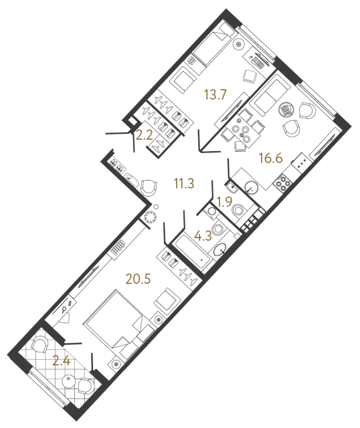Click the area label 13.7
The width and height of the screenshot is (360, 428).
(x=215, y=95)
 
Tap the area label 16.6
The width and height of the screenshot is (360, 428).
(x=271, y=158)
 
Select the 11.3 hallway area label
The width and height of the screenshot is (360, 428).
(x=184, y=184)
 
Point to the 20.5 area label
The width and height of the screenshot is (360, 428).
(x=139, y=279)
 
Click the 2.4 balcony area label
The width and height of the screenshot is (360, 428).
(x=61, y=361)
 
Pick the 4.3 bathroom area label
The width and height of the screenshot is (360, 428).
(x=203, y=236)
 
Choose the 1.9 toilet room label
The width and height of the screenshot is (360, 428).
(x=224, y=202)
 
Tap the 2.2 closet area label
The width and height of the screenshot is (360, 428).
(x=144, y=135)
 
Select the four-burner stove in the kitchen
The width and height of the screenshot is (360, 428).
(x=282, y=183)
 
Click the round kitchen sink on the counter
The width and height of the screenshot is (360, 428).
(x=252, y=187)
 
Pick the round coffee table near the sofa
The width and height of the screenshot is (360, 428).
(x=286, y=110)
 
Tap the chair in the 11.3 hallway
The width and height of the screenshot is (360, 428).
(x=149, y=188)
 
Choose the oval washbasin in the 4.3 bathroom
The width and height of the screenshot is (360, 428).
(x=220, y=249)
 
